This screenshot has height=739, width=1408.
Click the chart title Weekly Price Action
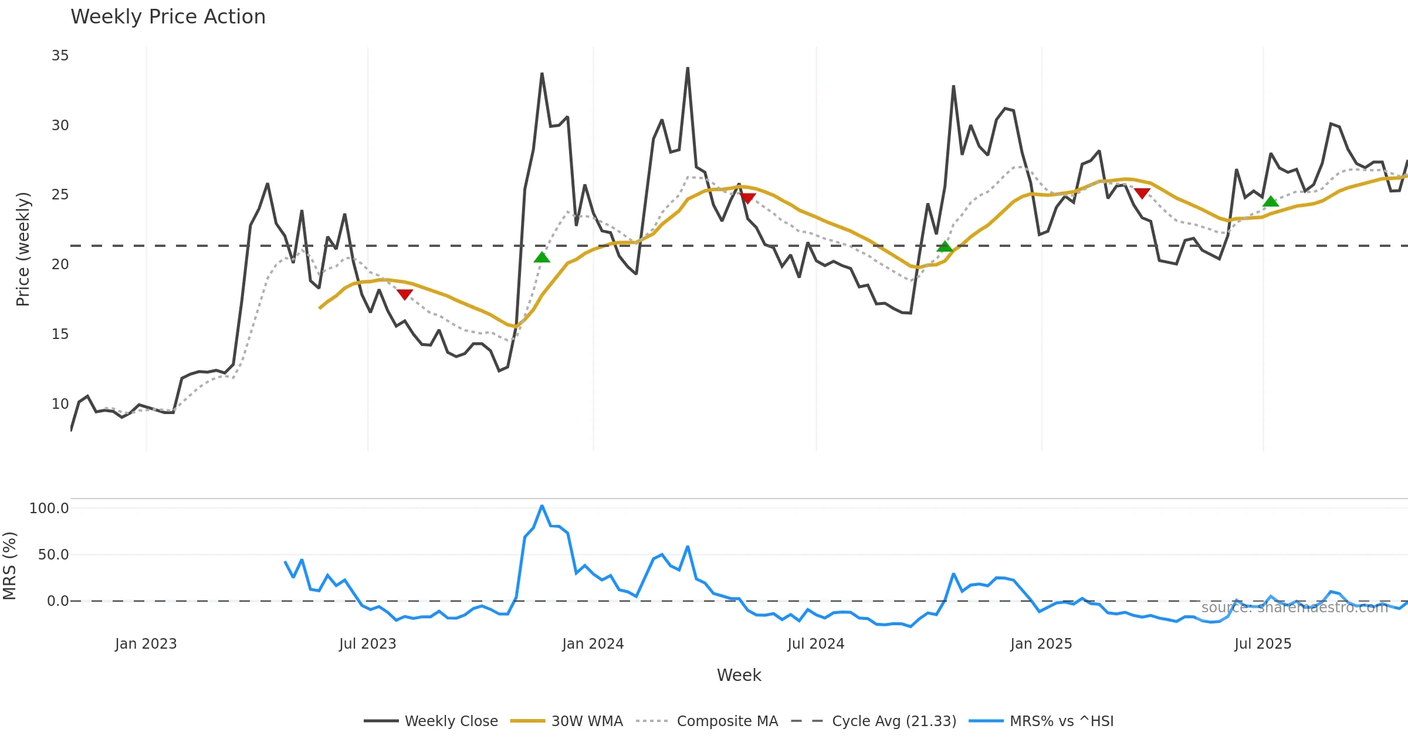pyautogui.click(x=168, y=17)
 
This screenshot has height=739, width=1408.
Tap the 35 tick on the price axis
pyautogui.click(x=60, y=56)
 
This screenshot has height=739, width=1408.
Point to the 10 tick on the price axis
pyautogui.click(x=60, y=404)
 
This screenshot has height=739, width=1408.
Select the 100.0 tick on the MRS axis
pyautogui.click(x=49, y=509)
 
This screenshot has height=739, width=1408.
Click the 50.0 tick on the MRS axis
pyautogui.click(x=53, y=555)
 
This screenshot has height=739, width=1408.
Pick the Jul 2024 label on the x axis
pyautogui.click(x=815, y=644)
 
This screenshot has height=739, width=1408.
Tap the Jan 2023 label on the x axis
pyautogui.click(x=145, y=644)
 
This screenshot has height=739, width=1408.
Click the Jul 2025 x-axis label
pyautogui.click(x=1263, y=644)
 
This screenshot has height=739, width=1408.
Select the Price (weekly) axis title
pyautogui.click(x=23, y=249)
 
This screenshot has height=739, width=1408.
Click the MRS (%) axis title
pyautogui.click(x=9, y=566)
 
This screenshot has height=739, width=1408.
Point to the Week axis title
pyautogui.click(x=739, y=676)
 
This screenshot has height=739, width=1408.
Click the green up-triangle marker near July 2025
pyautogui.click(x=1270, y=202)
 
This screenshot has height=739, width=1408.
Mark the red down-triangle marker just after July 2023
pyautogui.click(x=405, y=294)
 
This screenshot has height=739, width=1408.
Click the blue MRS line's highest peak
pyautogui.click(x=541, y=506)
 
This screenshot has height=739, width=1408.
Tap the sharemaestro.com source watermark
pyautogui.click(x=1294, y=608)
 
